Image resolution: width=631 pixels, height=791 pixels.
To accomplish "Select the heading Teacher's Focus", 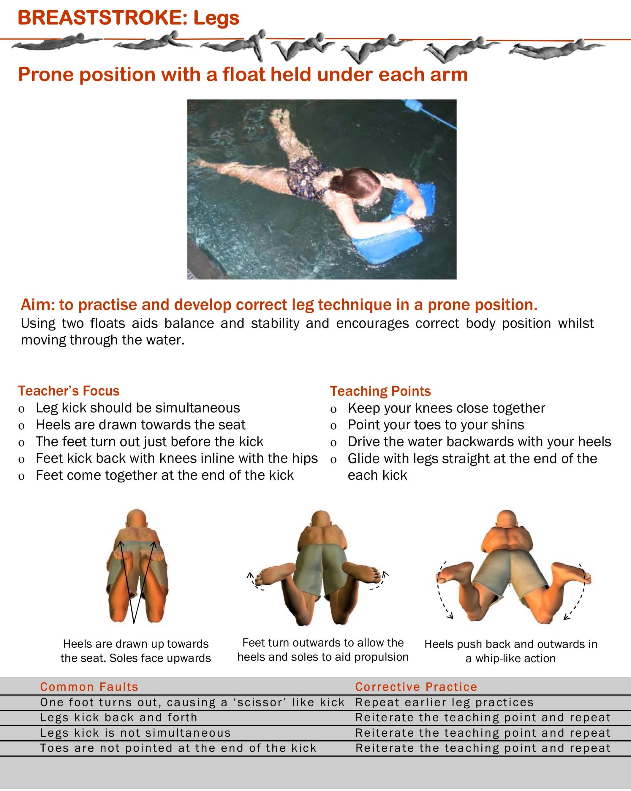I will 69,391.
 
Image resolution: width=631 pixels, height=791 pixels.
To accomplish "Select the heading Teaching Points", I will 380,391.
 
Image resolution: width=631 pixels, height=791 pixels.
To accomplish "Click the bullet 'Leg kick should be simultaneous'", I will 138,408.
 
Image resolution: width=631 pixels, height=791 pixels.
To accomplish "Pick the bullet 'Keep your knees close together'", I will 446,408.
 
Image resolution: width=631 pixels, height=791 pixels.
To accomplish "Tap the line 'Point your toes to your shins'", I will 436,425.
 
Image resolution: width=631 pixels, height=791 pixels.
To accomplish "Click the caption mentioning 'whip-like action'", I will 510,651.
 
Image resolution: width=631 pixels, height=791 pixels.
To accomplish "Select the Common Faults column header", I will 89,687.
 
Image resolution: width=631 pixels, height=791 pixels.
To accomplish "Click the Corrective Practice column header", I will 416,687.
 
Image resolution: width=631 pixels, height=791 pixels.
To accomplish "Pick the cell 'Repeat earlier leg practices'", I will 445,702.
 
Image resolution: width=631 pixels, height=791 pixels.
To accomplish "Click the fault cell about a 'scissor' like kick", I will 192,702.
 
